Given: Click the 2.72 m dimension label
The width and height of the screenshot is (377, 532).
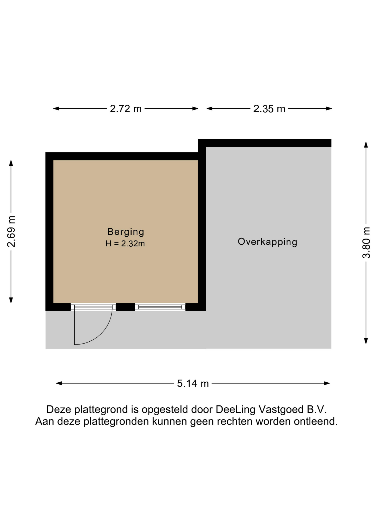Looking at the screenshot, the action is click(126, 109).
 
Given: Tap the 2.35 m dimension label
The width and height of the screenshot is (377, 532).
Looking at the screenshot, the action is click(269, 109).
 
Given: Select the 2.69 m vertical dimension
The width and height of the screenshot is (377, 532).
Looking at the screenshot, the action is click(11, 231).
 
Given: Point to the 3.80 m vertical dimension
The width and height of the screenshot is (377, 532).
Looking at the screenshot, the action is click(366, 243).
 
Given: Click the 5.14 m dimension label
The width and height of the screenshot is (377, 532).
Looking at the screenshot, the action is click(193, 383).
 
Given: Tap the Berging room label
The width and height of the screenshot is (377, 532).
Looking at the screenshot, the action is click(126, 232).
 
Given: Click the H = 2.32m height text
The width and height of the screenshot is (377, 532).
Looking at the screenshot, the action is click(125, 244).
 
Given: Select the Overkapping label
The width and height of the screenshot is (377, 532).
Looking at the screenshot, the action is click(267, 242).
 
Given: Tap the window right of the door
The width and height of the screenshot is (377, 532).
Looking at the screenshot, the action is click(160, 307).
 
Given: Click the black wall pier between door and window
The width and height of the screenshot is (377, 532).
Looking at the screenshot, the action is click(125, 307).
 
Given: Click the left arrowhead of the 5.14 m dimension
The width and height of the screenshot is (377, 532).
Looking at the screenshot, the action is click(59, 383).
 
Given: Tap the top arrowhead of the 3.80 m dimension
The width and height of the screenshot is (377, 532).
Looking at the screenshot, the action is click(366, 145).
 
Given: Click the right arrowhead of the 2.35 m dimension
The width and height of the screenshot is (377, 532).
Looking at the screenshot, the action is click(329, 109).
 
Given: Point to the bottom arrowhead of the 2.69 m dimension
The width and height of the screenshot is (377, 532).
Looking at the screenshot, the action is click(11, 300).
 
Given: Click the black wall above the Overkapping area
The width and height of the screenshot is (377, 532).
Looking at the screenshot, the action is click(265, 143).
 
